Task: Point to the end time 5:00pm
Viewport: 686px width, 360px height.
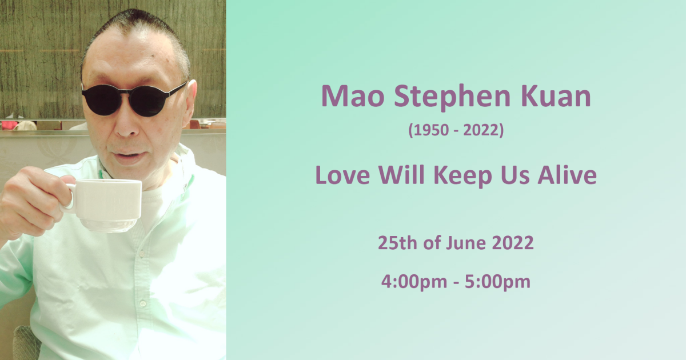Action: pyautogui.click(x=499, y=282)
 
